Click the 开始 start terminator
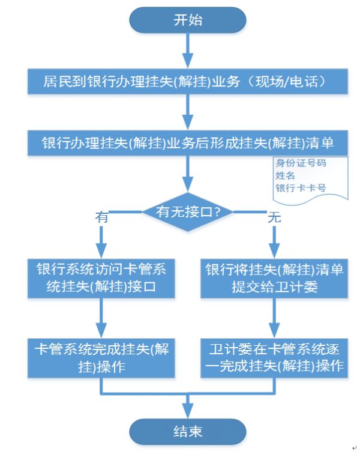point(188,20)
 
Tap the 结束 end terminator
point(188,431)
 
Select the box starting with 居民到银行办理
point(188,81)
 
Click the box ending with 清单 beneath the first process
point(188,143)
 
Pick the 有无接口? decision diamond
point(188,211)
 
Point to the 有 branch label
point(101,217)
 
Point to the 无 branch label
point(274,217)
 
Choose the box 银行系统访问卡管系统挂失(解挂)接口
point(101,278)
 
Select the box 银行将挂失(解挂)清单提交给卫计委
point(274,278)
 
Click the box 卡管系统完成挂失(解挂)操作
point(101,358)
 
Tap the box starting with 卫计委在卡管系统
point(274,358)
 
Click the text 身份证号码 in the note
point(301,163)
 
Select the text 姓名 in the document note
point(285,175)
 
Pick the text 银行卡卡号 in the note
point(301,188)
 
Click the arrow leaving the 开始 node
point(188,50)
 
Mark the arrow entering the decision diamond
point(188,174)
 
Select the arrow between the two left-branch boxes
point(101,318)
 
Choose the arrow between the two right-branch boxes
point(274,318)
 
